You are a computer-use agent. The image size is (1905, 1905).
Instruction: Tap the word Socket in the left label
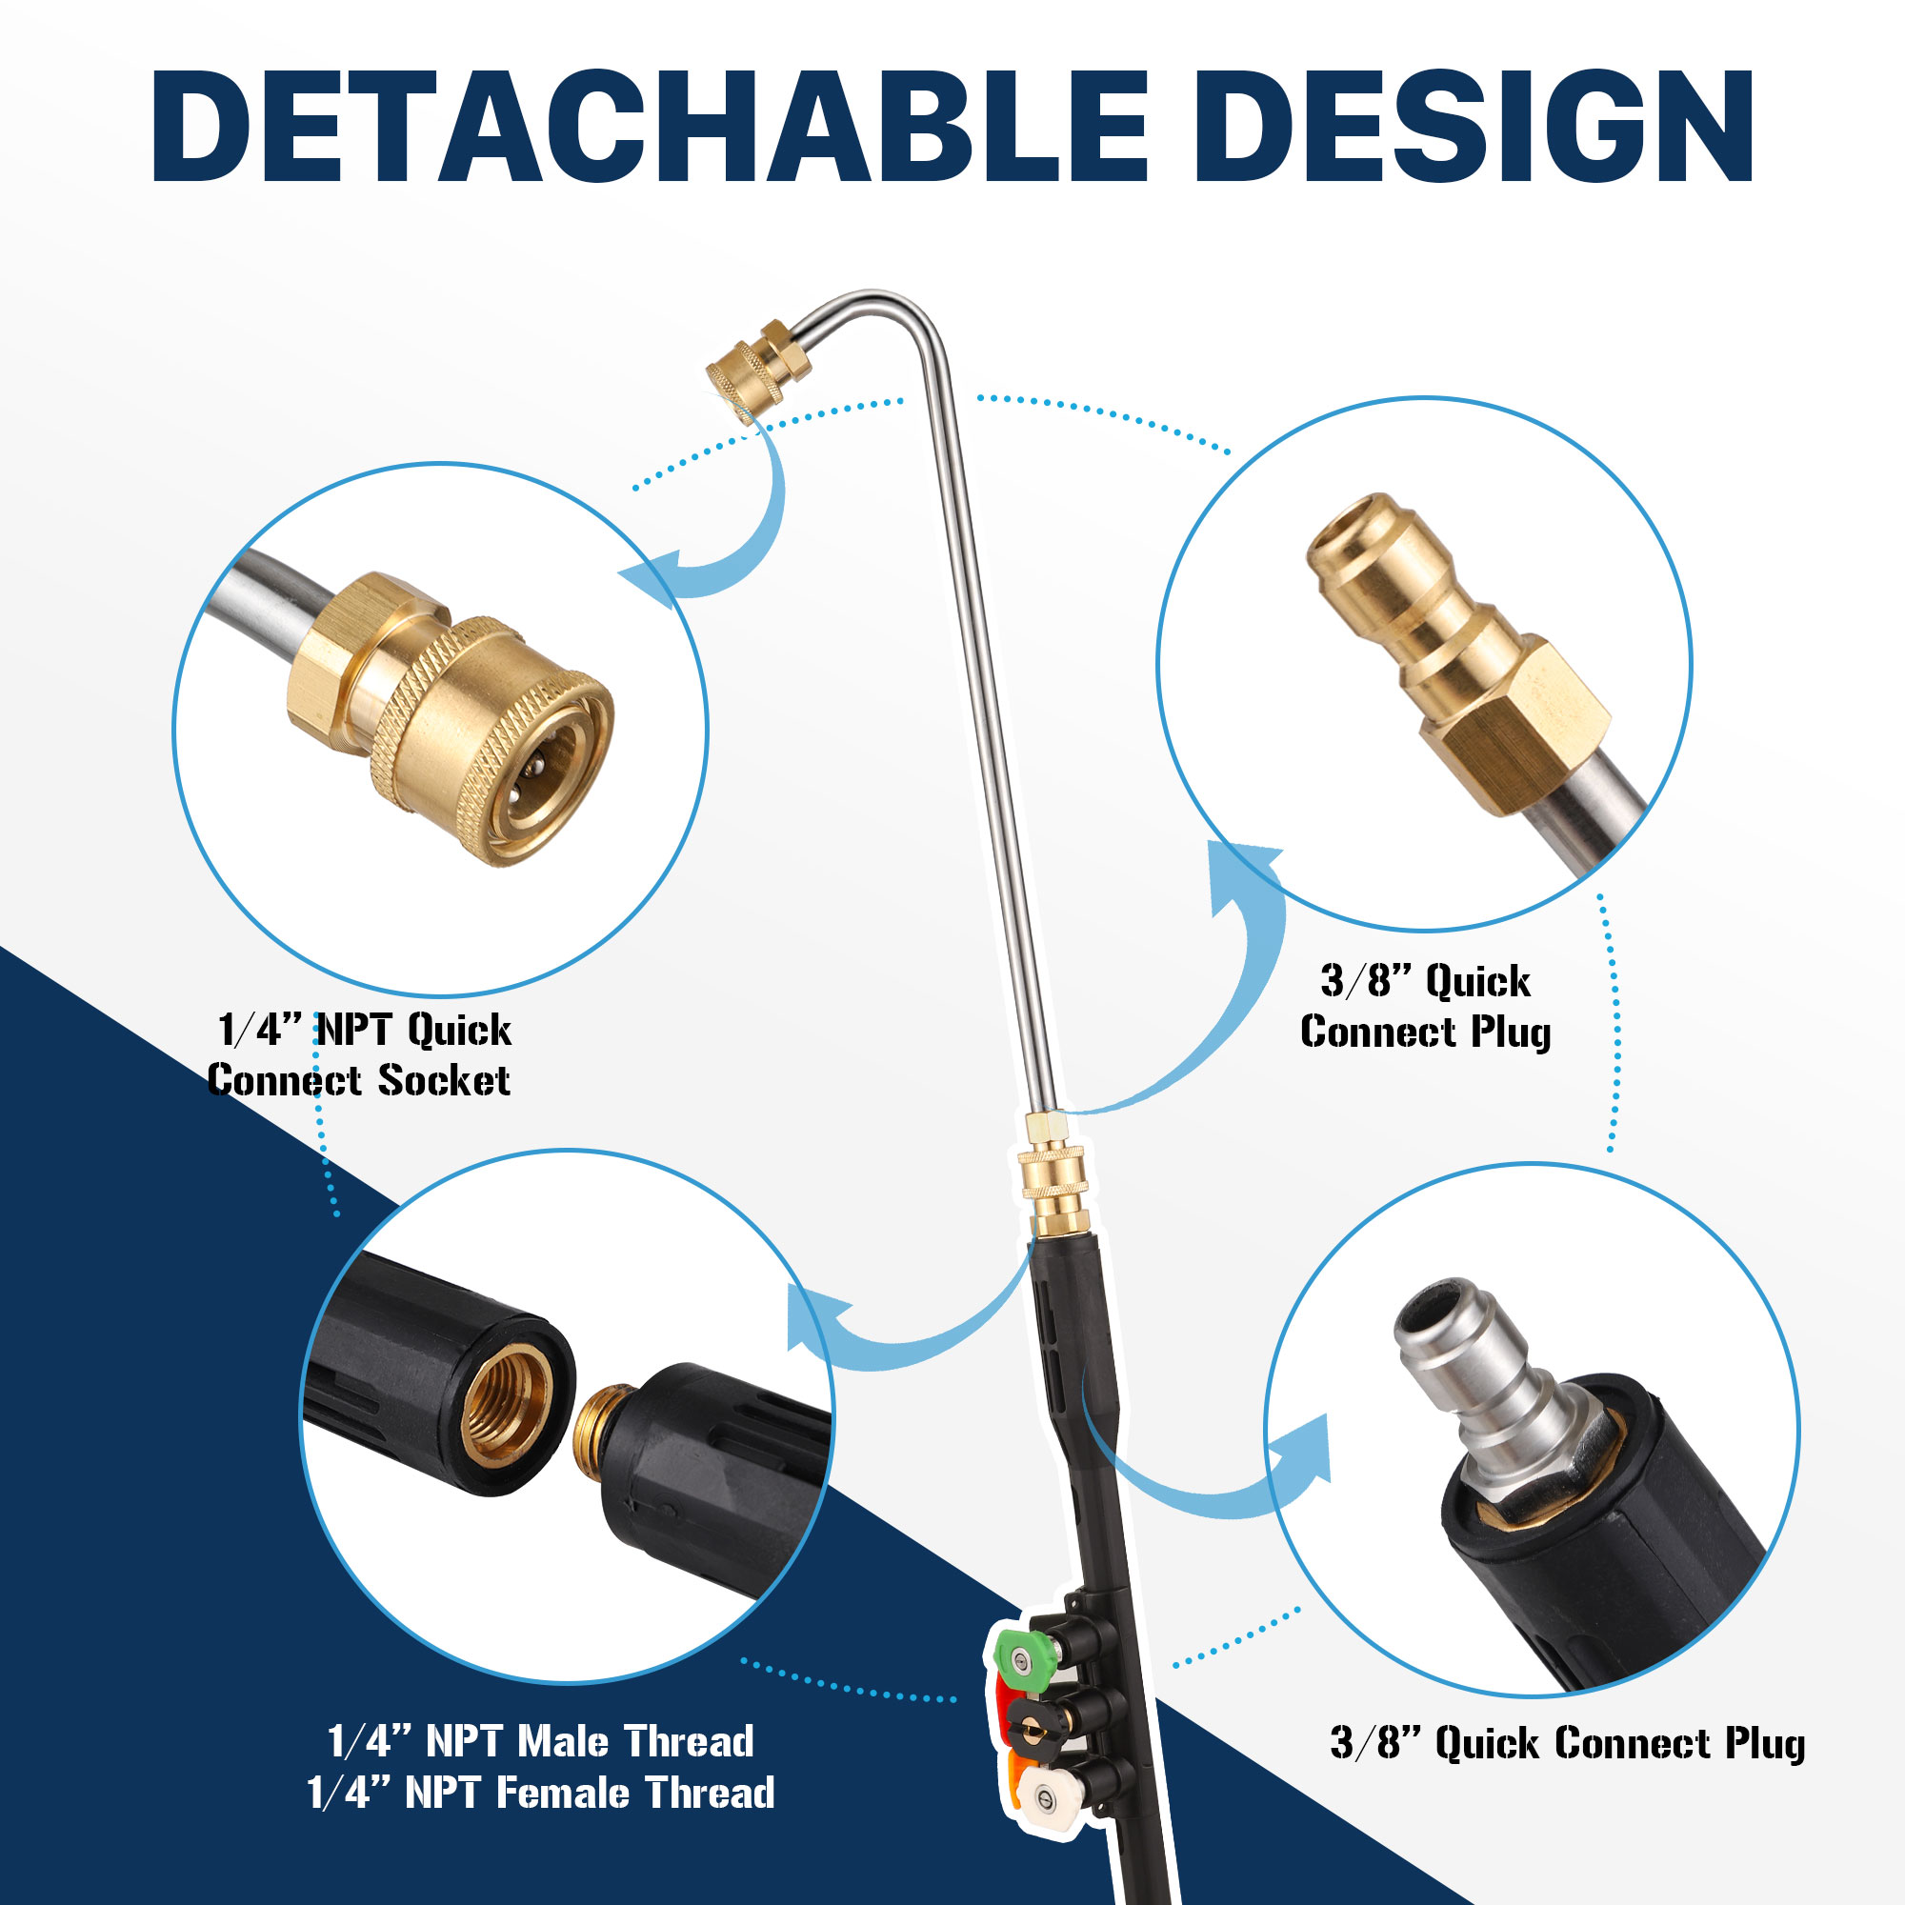(x=444, y=1081)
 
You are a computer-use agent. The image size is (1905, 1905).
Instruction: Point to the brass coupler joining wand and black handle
(x=1055, y=1173)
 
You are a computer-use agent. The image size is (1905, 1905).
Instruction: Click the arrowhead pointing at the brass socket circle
(x=651, y=584)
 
